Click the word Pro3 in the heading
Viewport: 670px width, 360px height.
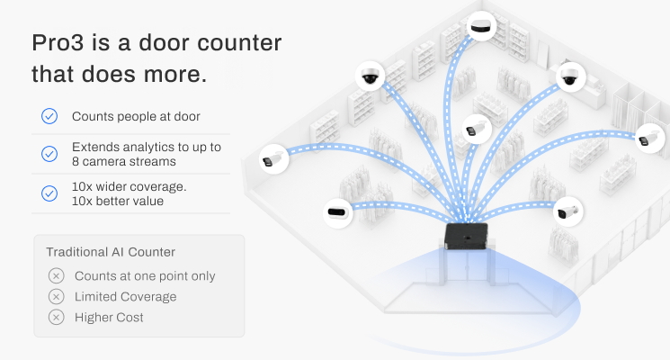[x=58, y=43]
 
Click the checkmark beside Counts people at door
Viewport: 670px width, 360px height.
[x=49, y=116]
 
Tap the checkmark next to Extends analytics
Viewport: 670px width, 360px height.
[x=49, y=154]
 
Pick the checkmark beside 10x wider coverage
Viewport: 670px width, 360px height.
[x=49, y=193]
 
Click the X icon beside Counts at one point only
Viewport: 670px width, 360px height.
[x=56, y=275]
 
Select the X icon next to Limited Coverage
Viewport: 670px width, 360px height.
[x=56, y=296]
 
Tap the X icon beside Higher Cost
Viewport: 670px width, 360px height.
[x=56, y=317]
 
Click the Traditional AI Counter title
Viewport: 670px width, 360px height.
[x=111, y=252]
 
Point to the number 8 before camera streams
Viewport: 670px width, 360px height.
[x=76, y=162]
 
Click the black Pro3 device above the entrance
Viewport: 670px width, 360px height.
[x=467, y=236]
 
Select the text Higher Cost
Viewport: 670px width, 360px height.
[x=109, y=317]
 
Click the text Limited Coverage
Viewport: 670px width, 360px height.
[x=126, y=297]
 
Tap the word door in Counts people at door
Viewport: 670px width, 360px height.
[x=187, y=116]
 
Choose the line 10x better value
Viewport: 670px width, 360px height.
[x=118, y=201]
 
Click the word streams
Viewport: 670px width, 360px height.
[x=156, y=162]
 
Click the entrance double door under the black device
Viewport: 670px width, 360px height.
[x=467, y=267]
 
